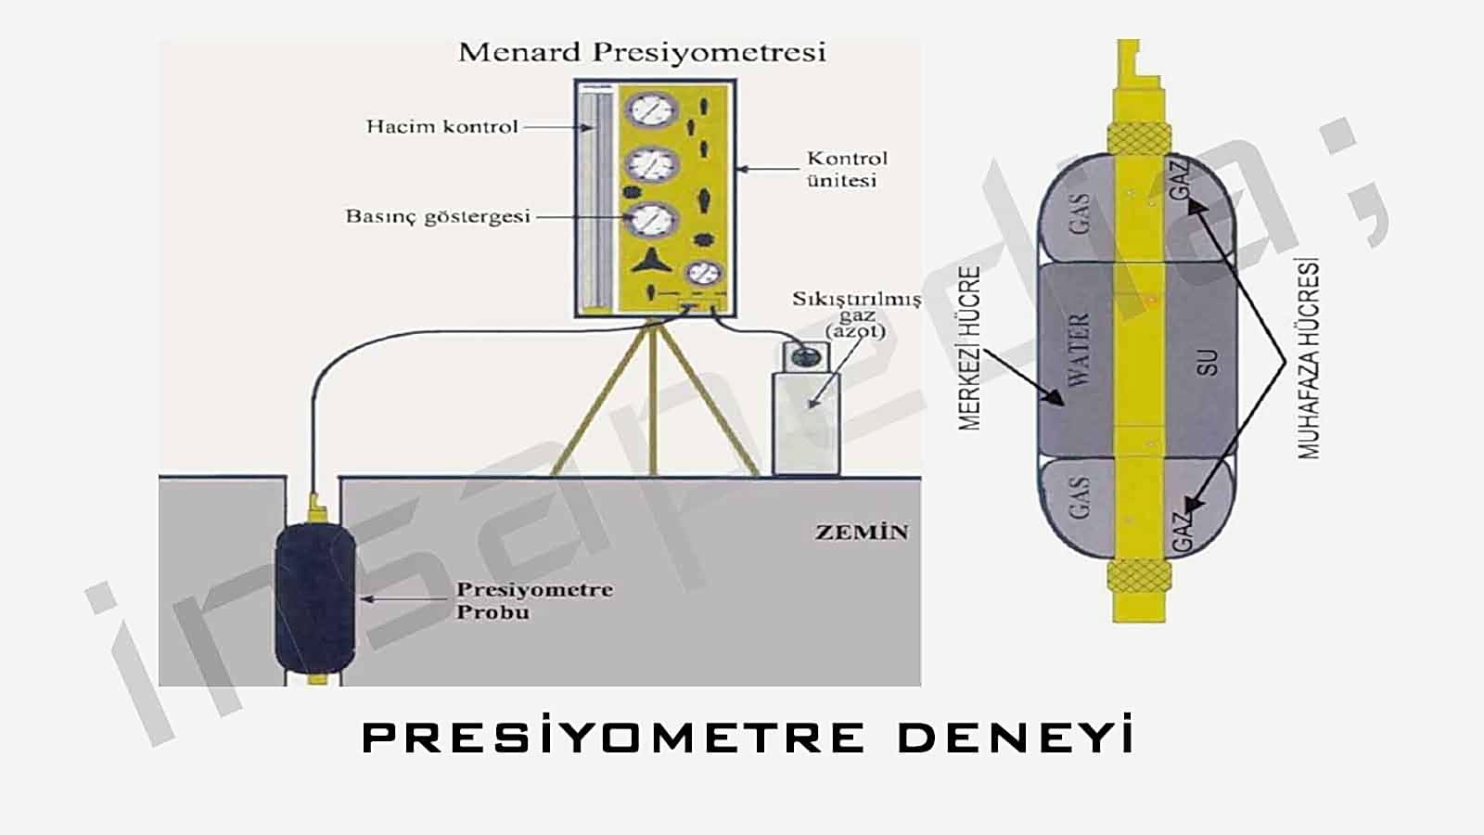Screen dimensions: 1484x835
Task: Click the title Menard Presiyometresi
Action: (642, 53)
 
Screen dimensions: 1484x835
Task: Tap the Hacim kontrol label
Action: (441, 126)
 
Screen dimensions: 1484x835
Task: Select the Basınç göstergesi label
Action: (438, 217)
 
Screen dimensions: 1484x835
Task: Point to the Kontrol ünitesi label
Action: (846, 170)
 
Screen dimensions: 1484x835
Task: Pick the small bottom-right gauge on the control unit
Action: (704, 273)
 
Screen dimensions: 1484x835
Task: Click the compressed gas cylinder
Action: (806, 407)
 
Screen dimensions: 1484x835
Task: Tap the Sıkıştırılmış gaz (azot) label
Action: (857, 315)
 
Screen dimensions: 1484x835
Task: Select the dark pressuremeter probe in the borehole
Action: (315, 597)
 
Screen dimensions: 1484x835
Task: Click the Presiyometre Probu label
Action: (534, 600)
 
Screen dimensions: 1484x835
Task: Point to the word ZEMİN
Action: (862, 533)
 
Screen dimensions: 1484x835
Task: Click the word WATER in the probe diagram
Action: (1080, 349)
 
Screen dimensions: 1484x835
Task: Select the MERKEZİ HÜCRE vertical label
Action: (969, 348)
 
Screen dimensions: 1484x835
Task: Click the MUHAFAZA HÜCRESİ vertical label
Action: (1309, 358)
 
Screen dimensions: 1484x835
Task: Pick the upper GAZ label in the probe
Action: (1182, 180)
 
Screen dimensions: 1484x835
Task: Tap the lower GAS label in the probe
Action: (1080, 497)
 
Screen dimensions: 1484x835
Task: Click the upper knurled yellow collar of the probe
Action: (1139, 138)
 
